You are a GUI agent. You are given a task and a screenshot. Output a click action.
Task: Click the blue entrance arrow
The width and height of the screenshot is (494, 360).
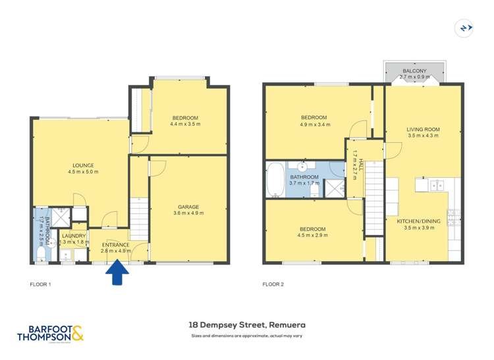click(x=118, y=273)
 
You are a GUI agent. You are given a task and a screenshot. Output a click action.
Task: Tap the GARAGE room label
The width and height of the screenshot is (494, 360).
click(x=186, y=207)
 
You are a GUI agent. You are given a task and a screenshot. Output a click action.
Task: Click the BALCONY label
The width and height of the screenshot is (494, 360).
click(x=414, y=70)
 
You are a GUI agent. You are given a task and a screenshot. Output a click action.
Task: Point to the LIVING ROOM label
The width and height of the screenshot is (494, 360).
click(x=422, y=129)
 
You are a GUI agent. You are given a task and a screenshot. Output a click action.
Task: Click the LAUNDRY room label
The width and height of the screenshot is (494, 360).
click(x=72, y=236)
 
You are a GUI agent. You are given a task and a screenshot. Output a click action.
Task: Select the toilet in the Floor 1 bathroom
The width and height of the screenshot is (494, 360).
click(x=40, y=252)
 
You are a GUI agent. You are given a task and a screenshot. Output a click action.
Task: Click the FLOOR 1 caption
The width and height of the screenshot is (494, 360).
click(x=40, y=284)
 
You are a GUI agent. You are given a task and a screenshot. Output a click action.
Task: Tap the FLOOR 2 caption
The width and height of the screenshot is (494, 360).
click(x=273, y=284)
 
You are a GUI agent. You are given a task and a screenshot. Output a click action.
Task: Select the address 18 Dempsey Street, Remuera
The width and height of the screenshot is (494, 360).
click(x=246, y=324)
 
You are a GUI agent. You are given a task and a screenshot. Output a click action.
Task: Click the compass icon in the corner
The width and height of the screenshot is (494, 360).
click(x=465, y=28)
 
